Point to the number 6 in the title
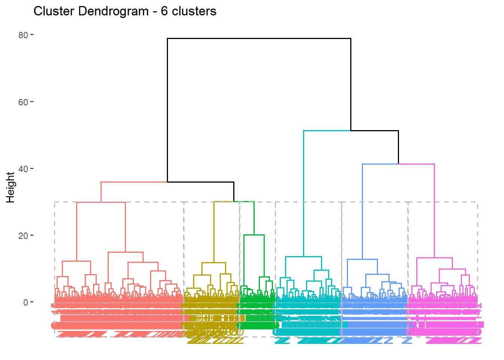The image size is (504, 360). (164, 11)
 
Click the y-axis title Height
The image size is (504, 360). (10, 187)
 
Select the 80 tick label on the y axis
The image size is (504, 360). (23, 35)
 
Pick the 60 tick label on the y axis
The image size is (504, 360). (23, 102)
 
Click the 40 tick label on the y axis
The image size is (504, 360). (23, 169)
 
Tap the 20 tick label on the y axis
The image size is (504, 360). (23, 235)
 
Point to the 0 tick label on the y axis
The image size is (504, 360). (25, 302)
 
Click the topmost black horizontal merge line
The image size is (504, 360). (259, 38)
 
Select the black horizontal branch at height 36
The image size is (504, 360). (201, 182)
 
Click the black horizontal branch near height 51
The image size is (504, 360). (374, 130)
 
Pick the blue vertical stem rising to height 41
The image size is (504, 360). (363, 210)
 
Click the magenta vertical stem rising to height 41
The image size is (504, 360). (434, 210)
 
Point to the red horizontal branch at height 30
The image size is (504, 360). (100, 202)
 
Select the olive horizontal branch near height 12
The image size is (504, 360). (214, 262)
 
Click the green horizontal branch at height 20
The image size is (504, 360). (254, 235)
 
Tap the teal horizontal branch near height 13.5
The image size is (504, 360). (303, 256)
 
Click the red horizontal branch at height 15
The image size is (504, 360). (126, 252)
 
